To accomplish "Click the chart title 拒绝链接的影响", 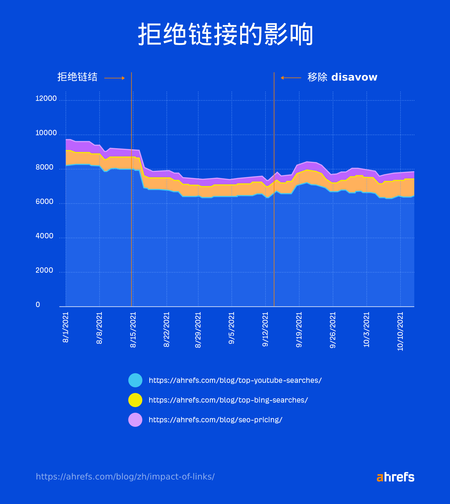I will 225,34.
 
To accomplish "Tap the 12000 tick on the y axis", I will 46,99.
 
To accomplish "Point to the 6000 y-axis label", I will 44,202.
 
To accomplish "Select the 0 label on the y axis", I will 38,305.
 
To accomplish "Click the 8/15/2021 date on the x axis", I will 133,330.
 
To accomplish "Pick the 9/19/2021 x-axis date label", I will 299,330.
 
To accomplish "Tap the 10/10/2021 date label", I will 400,331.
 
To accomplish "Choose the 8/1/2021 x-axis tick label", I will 66,327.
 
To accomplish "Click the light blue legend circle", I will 135,380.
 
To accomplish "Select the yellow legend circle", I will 135,400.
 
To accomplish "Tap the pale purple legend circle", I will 135,420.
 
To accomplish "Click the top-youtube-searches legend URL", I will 235,380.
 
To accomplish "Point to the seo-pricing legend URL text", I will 215,420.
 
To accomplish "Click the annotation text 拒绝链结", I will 77,77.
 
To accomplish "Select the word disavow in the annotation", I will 354,77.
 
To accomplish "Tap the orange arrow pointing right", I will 114,78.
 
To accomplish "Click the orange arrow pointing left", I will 291,78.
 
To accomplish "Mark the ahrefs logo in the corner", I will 395,477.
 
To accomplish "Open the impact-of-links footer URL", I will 125,477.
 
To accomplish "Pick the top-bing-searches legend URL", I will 228,400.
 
